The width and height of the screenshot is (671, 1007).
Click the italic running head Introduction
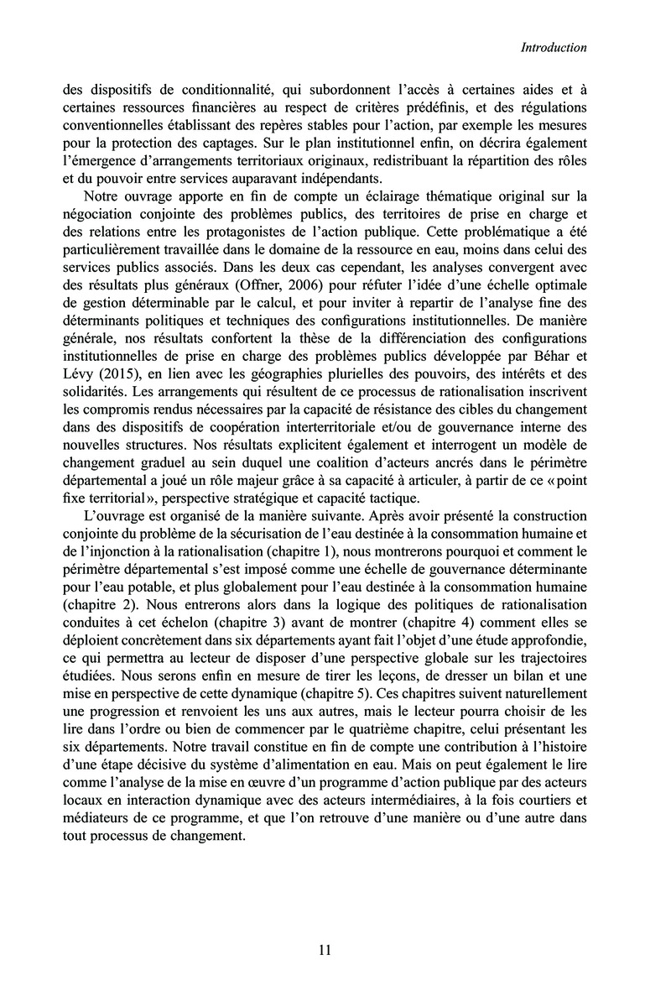point(553,48)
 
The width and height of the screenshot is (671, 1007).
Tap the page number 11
point(326,950)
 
